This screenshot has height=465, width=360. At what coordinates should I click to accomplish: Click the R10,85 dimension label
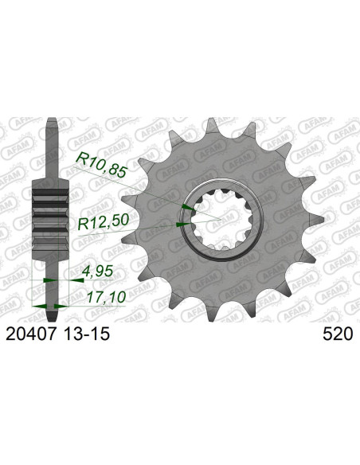pos(101,166)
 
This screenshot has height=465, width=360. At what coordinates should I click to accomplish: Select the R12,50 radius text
pos(104,222)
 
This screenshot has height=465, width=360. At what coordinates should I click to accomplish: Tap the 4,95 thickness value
pos(97,271)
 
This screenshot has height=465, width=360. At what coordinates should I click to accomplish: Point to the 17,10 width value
pos(107,296)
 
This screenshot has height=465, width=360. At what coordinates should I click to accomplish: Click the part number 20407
pos(31,334)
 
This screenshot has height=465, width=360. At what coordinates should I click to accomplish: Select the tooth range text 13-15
pos(86,334)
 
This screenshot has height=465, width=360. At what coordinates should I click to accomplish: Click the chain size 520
pos(338,334)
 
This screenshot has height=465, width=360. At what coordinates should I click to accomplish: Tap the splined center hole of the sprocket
pos(221,220)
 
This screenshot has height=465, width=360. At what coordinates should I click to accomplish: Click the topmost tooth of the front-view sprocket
pos(211,126)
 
